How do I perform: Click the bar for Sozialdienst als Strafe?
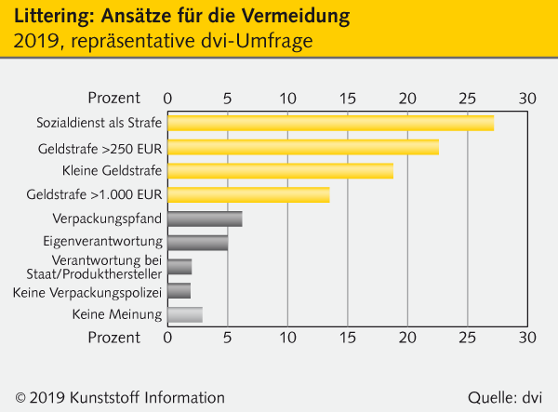(330, 123)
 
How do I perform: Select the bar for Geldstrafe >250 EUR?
(303, 147)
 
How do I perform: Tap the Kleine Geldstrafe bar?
(280, 170)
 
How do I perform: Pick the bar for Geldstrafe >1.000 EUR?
(248, 194)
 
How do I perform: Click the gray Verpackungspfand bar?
(205, 219)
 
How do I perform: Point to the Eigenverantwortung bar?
(197, 243)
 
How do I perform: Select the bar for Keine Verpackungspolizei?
(179, 291)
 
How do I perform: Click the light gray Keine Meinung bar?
(184, 315)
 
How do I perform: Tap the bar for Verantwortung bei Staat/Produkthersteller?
(179, 267)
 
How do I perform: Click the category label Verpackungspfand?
(118, 219)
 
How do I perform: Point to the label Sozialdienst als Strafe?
(100, 123)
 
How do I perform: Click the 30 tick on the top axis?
(527, 98)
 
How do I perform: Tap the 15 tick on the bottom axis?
(348, 337)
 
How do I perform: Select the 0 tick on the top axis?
(167, 98)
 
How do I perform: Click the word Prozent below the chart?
(114, 337)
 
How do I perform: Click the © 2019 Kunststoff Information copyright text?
(120, 397)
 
